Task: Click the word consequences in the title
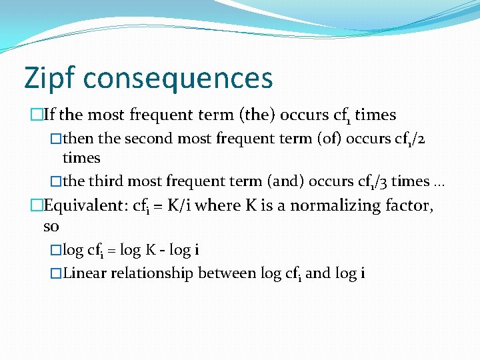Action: coord(177,78)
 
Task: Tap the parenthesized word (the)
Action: coord(257,115)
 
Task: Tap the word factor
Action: coord(409,205)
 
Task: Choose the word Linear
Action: coord(86,273)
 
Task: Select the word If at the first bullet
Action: coord(49,115)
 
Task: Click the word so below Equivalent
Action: coord(51,227)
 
